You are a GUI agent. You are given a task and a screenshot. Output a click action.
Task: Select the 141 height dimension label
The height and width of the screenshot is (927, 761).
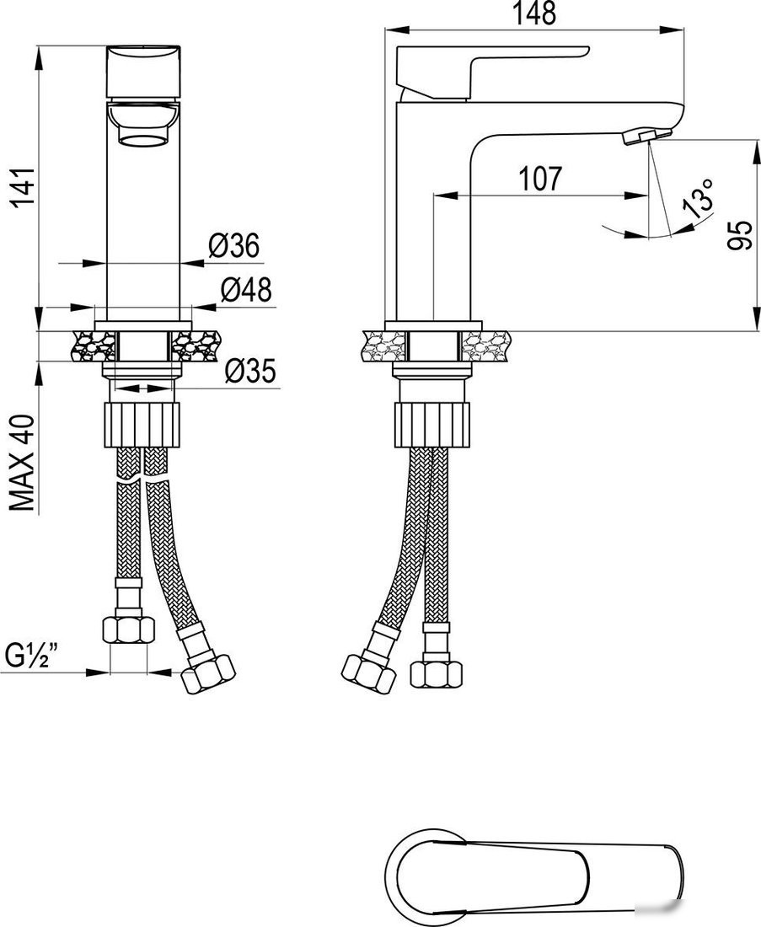tap(24, 187)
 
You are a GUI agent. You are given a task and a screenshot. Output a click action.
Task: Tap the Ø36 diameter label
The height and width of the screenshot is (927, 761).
tap(234, 245)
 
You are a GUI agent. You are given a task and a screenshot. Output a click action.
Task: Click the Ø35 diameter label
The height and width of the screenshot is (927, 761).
tap(250, 371)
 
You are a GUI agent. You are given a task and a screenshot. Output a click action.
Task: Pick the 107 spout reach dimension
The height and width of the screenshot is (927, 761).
tap(540, 179)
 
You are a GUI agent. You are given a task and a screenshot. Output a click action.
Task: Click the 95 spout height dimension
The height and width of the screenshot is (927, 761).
tap(739, 235)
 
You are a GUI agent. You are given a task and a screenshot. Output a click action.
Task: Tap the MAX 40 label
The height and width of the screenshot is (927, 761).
tap(24, 463)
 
